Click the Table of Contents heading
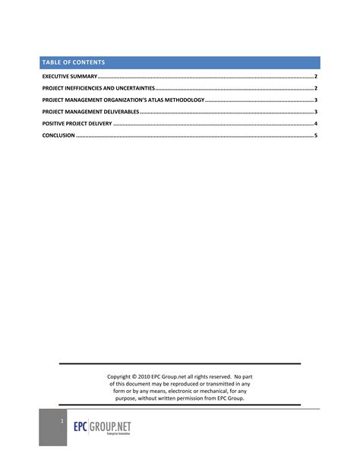pyautogui.click(x=74, y=62)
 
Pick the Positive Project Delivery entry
pyautogui.click(x=77, y=123)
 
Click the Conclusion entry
pyautogui.click(x=58, y=135)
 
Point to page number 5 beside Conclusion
pyautogui.click(x=315, y=135)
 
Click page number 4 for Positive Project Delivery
pyautogui.click(x=315, y=123)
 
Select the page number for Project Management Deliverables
pyautogui.click(x=315, y=112)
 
